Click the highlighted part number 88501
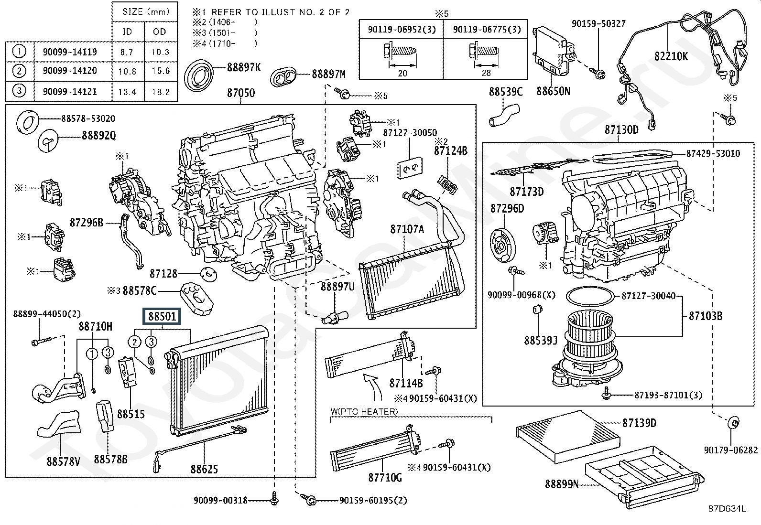(162, 316)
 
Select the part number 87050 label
(240, 93)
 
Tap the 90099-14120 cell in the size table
(70, 71)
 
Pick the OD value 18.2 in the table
(160, 91)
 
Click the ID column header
(127, 32)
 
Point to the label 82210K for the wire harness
(671, 56)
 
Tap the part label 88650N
(553, 91)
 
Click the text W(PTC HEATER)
(364, 411)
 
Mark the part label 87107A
(407, 229)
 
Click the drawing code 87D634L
(727, 509)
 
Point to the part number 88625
(204, 469)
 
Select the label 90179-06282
(730, 450)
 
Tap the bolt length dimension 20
(402, 73)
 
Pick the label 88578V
(63, 461)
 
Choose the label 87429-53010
(713, 153)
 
